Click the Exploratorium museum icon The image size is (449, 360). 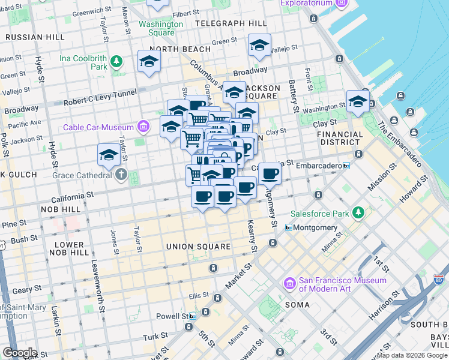[x=342, y=3]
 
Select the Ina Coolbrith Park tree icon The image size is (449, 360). [x=116, y=61]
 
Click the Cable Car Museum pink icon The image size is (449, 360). [x=143, y=127]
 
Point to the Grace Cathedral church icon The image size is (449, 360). [x=122, y=175]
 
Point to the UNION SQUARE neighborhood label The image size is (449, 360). [x=198, y=247]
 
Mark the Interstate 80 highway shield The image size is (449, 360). [x=439, y=280]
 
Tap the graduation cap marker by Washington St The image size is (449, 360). [x=357, y=101]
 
